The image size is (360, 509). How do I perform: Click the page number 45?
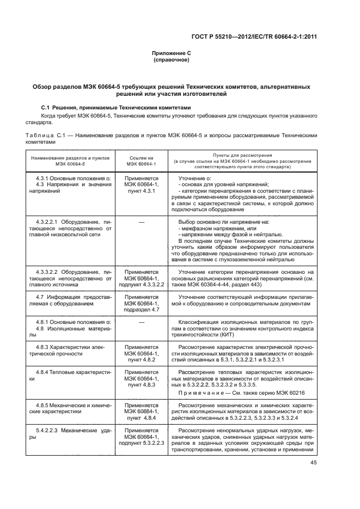(313, 463)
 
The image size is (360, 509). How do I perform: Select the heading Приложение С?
(172, 53)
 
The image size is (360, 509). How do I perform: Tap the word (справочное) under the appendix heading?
(172, 60)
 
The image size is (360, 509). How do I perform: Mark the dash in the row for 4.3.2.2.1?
(141, 222)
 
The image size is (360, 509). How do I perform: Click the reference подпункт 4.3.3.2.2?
(141, 284)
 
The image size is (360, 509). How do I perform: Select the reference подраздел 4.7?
(141, 309)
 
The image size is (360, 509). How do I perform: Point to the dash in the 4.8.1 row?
(141, 322)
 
